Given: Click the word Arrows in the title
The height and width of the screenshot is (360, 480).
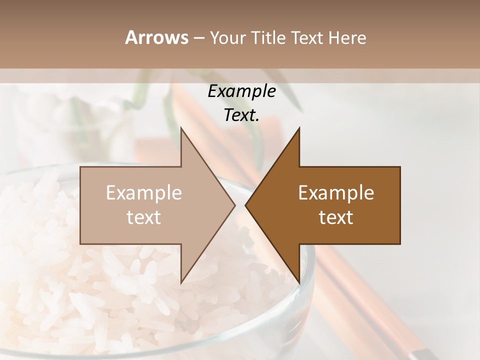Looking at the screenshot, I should click(x=156, y=37).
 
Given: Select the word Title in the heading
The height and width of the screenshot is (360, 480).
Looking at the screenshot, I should click(x=269, y=38).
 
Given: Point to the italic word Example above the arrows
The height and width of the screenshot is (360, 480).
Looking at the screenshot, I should click(x=241, y=91).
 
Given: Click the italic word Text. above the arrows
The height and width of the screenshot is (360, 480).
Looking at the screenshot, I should click(x=241, y=115).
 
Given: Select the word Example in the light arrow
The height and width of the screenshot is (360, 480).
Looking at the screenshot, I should click(x=144, y=193).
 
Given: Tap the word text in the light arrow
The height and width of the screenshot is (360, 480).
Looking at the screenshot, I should click(x=144, y=217).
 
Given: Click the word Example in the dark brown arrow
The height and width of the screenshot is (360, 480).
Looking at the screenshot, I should click(x=336, y=193).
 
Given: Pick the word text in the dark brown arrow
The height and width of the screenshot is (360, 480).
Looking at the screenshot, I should click(x=336, y=217).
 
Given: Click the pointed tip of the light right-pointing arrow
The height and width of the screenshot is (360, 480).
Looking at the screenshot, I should click(x=234, y=205).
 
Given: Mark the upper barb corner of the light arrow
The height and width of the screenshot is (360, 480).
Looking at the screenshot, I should click(x=181, y=128).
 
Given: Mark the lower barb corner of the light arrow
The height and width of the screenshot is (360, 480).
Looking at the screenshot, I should click(x=181, y=282).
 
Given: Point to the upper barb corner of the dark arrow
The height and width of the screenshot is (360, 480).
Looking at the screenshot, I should click(x=299, y=128).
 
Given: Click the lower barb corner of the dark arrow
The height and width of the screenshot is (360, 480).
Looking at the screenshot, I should click(x=299, y=282).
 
